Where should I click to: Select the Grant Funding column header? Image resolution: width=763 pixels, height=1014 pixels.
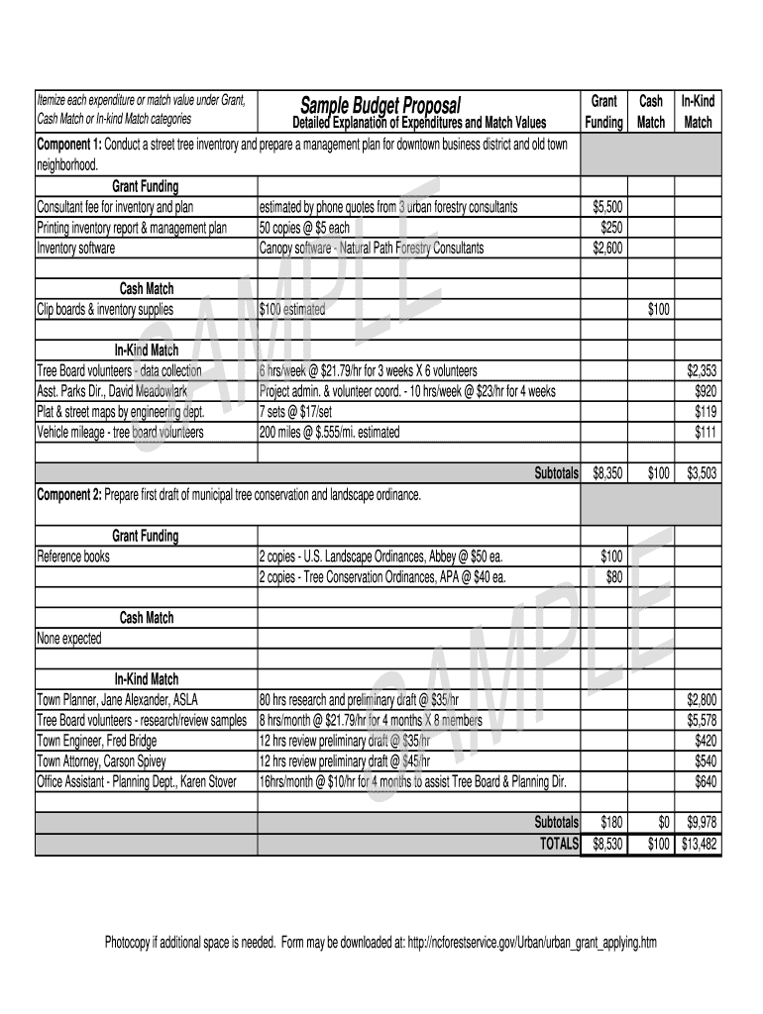click(604, 112)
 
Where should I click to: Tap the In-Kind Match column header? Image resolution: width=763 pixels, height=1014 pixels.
click(698, 112)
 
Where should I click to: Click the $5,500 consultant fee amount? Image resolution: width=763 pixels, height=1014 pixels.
click(606, 208)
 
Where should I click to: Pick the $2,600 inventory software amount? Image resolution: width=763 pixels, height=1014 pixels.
click(606, 249)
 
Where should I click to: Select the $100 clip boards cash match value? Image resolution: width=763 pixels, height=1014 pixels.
click(658, 310)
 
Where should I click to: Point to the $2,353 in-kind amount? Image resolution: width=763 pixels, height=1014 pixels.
click(702, 371)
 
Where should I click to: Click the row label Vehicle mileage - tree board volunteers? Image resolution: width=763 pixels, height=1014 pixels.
click(120, 433)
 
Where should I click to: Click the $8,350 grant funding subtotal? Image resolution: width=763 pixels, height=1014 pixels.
click(606, 474)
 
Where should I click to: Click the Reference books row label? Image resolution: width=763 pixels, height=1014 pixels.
click(73, 557)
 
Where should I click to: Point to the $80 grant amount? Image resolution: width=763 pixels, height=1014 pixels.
click(613, 577)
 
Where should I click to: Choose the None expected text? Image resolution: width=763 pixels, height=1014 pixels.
click(69, 639)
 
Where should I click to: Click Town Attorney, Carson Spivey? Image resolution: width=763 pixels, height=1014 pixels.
click(101, 761)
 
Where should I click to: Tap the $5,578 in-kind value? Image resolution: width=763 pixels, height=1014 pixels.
click(702, 721)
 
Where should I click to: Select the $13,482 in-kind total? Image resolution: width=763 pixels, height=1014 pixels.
click(699, 844)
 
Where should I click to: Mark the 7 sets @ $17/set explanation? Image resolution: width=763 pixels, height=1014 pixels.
click(309, 412)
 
